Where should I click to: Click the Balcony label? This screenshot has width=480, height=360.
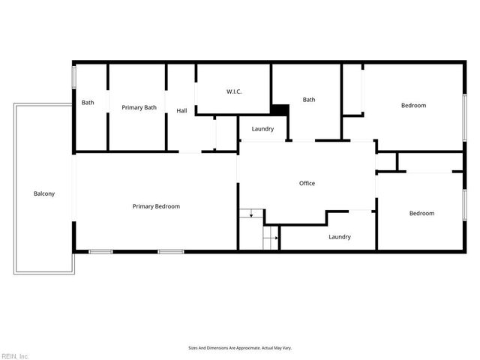pyautogui.click(x=44, y=193)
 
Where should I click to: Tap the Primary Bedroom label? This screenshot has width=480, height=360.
pyautogui.click(x=156, y=206)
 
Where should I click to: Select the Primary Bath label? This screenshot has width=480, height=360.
pyautogui.click(x=139, y=107)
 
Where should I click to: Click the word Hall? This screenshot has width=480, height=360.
pyautogui.click(x=181, y=111)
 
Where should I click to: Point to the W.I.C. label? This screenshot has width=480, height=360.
pyautogui.click(x=234, y=91)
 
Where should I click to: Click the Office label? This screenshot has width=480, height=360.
pyautogui.click(x=307, y=183)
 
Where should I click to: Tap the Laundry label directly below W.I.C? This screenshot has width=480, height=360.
pyautogui.click(x=262, y=129)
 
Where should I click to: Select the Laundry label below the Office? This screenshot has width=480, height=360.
pyautogui.click(x=340, y=237)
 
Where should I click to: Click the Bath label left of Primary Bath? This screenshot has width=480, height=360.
pyautogui.click(x=88, y=103)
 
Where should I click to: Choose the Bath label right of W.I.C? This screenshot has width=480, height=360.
pyautogui.click(x=309, y=100)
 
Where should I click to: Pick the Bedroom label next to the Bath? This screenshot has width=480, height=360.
pyautogui.click(x=413, y=106)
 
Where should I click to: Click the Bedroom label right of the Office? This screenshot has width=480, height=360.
pyautogui.click(x=421, y=214)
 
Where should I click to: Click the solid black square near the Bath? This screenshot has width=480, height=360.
pyautogui.click(x=280, y=109)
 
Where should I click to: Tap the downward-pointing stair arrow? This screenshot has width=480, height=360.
pyautogui.click(x=250, y=215)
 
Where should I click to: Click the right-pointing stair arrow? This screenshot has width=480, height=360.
pyautogui.click(x=275, y=239)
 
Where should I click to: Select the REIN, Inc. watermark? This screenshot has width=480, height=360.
pyautogui.click(x=15, y=355)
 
